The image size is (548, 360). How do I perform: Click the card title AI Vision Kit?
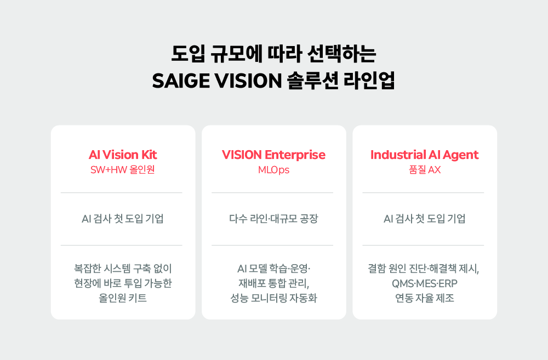[x=123, y=155]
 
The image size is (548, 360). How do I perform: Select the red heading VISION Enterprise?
[x=273, y=155]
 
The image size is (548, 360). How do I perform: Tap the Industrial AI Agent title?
[x=424, y=155]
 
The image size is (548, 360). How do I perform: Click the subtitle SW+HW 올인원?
[x=123, y=170]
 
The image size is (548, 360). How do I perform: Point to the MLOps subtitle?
[x=273, y=170]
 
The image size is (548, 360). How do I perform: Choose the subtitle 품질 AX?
[x=424, y=170]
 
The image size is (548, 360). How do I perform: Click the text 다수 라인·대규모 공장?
[x=273, y=219]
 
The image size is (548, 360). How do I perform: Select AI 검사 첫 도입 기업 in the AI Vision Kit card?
[x=123, y=219]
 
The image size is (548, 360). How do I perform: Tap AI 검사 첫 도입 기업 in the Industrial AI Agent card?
[x=424, y=219]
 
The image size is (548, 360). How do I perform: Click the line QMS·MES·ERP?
[x=424, y=284]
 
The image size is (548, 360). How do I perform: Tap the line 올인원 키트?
[x=123, y=299]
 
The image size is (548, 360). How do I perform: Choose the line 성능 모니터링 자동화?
[x=273, y=299]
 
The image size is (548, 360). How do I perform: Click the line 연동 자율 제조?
[x=424, y=299]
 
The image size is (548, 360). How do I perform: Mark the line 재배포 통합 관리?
[x=273, y=284]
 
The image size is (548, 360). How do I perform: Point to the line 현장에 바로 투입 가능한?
[x=123, y=284]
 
